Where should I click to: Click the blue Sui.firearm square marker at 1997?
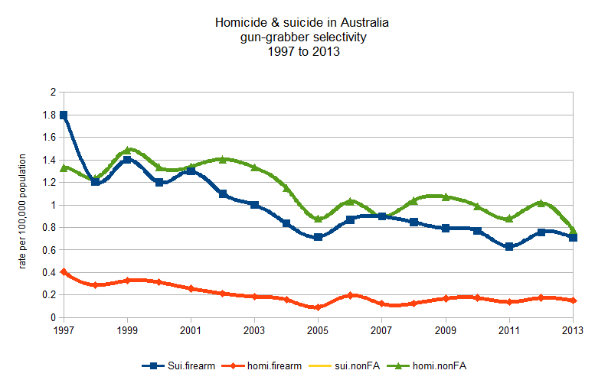64,115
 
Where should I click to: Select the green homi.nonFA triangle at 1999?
127,150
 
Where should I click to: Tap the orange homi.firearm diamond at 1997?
64,271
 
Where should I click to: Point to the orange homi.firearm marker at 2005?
318,307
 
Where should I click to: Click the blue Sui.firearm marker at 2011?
508,246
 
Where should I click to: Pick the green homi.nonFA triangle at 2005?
318,219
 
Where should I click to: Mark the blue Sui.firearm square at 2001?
191,171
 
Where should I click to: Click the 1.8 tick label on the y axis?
50,115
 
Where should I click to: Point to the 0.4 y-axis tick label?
50,272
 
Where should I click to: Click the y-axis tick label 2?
54,93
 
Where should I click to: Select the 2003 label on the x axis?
254,330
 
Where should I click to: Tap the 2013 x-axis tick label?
572,330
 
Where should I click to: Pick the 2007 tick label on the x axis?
381,330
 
